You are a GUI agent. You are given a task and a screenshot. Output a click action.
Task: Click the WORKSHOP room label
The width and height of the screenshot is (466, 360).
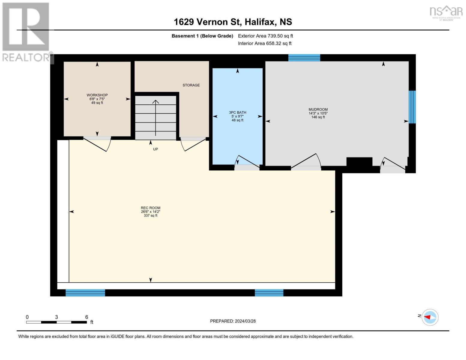tap(97, 95)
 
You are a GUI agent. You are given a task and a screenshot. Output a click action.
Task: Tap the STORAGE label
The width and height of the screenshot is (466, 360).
tap(191, 85)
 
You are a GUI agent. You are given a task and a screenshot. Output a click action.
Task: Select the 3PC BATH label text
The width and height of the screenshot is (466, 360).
tap(237, 112)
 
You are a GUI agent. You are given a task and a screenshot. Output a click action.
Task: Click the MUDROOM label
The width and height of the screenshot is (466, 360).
tap(318, 109)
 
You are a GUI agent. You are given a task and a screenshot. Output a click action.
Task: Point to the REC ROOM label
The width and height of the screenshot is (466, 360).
tap(150, 208)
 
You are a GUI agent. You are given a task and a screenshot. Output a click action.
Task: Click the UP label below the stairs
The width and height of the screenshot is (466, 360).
tap(155, 149)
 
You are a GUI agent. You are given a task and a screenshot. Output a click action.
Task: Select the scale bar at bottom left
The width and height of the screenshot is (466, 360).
tap(56, 322)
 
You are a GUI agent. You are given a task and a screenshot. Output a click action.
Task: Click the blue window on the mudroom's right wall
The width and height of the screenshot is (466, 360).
tap(412, 107)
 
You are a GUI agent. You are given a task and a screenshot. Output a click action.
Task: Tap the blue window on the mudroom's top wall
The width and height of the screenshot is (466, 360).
tap(304, 58)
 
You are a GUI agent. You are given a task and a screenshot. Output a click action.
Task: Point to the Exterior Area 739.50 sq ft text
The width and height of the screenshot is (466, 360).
tap(265, 36)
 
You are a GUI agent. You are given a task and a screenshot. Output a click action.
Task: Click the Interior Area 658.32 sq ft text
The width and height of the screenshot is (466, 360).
tap(265, 43)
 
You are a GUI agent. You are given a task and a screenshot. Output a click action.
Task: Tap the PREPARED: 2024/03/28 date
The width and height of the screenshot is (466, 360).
tap(233, 321)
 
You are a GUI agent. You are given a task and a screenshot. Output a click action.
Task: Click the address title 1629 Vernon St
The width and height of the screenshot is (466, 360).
tap(233, 22)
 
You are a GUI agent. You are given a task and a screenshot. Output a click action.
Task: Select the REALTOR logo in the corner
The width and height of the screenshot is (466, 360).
tap(26, 31)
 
